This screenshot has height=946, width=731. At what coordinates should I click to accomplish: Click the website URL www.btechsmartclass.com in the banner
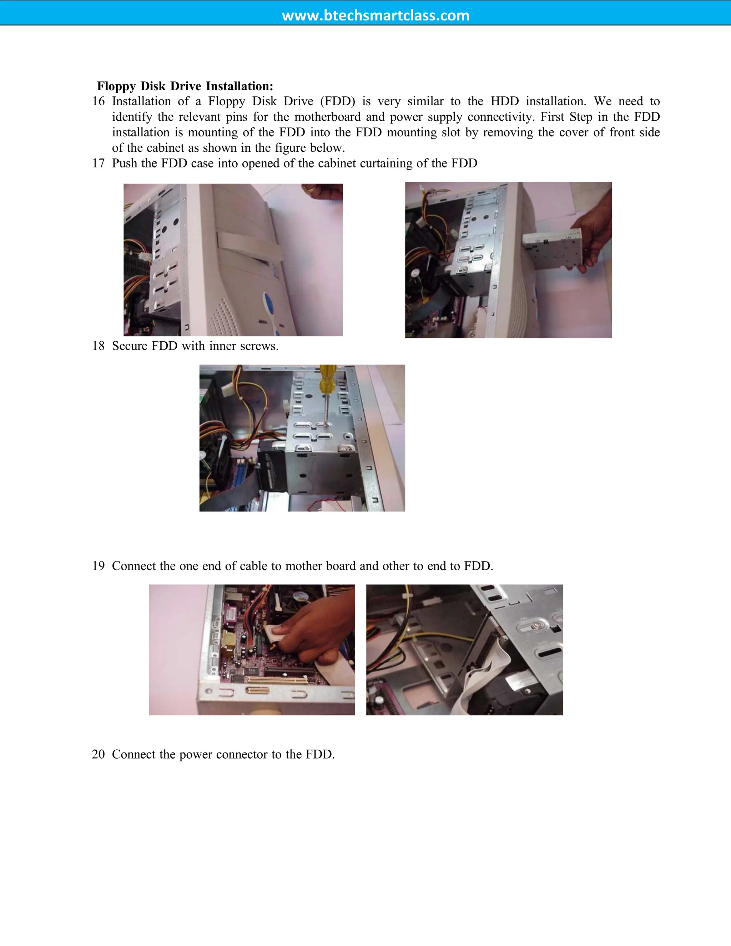pyautogui.click(x=375, y=16)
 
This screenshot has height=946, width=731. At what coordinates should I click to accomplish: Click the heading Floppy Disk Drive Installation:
pyautogui.click(x=185, y=86)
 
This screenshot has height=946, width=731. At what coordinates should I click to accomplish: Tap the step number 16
pyautogui.click(x=98, y=101)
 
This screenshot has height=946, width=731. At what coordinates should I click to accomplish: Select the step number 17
pyautogui.click(x=98, y=163)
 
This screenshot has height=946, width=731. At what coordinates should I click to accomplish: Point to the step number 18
pyautogui.click(x=98, y=346)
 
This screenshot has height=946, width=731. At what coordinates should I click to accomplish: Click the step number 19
pyautogui.click(x=98, y=566)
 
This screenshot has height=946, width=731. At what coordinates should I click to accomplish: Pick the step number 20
pyautogui.click(x=98, y=754)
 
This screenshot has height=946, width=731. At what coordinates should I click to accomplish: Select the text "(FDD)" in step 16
pyautogui.click(x=337, y=101)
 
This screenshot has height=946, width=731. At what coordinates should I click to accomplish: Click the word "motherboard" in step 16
pyautogui.click(x=327, y=117)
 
